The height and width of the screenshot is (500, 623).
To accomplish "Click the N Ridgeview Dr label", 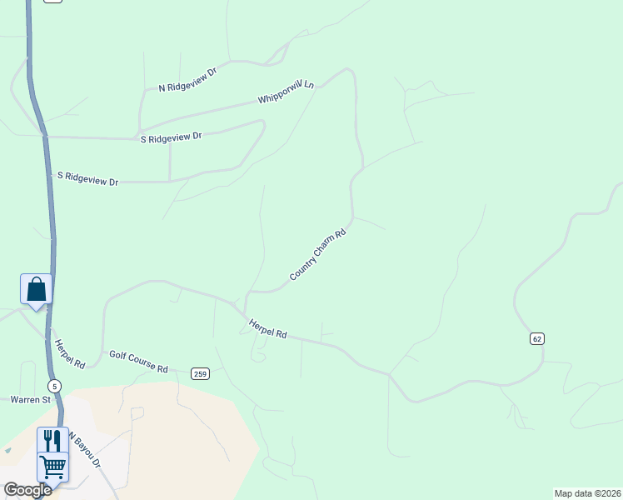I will (187, 79).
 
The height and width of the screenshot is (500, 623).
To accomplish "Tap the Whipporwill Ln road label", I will (287, 92).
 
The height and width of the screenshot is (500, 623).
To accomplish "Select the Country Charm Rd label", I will (317, 254).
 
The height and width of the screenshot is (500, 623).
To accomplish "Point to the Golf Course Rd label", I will (138, 362).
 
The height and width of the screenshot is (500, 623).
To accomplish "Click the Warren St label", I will (31, 399).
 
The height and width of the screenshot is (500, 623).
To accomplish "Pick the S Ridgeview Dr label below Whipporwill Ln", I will (171, 137).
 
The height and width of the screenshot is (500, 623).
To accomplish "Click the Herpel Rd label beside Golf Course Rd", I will (69, 354).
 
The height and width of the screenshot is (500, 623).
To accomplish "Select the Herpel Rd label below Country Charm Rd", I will (268, 329).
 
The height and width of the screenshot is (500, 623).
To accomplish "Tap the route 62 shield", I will (536, 338).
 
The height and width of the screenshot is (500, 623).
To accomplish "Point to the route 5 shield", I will (54, 386).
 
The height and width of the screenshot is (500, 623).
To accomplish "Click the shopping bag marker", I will (36, 289).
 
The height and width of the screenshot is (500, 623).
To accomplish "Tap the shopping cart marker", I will (52, 467).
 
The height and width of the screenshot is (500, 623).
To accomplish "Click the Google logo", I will (27, 490).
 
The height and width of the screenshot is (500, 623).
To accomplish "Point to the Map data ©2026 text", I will (588, 493).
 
